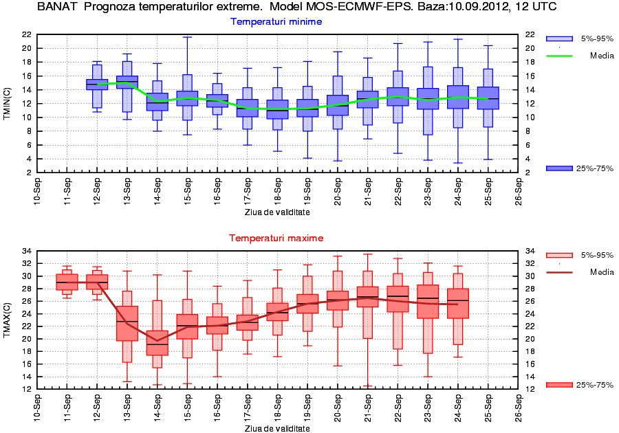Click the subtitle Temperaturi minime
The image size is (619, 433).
[x=276, y=22]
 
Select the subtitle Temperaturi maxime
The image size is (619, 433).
[x=276, y=238]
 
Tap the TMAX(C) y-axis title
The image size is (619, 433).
[x=8, y=320]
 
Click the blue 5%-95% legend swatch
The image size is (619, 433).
[x=558, y=38]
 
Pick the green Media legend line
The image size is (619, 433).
[x=558, y=56]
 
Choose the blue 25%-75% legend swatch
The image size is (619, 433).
[x=558, y=168]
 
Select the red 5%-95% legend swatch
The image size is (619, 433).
[x=558, y=255]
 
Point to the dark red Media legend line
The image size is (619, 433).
[x=558, y=272]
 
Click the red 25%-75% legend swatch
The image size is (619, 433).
[x=558, y=385]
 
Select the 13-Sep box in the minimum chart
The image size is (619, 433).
[x=127, y=82]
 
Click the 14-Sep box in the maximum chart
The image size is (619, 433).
[x=158, y=342]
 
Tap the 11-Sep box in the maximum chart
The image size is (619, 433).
[x=67, y=282]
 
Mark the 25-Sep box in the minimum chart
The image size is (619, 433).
[x=488, y=98]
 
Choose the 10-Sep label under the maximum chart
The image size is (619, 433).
[x=37, y=408]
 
